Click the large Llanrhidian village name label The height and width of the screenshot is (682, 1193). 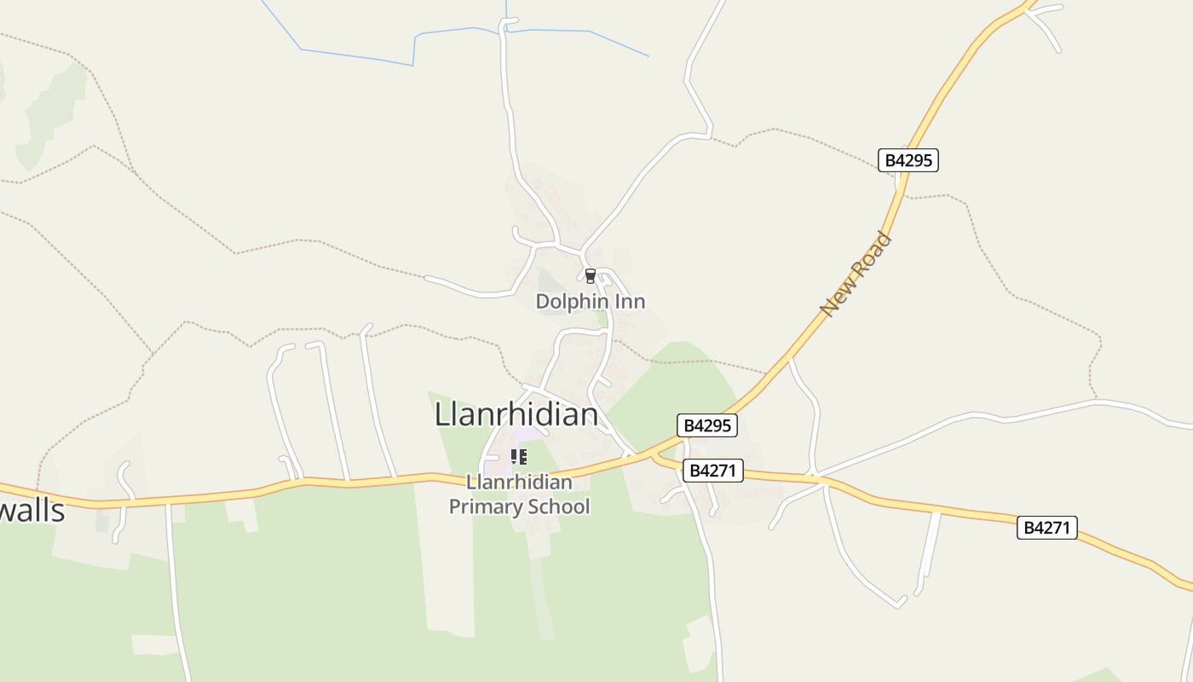point(516,414)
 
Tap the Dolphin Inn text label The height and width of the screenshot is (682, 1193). point(590,302)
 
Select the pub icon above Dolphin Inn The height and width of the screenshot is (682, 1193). point(590,276)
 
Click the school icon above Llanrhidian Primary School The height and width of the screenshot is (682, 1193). point(518,458)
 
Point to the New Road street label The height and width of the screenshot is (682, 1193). point(856,274)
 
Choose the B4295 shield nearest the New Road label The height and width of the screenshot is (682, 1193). point(908,160)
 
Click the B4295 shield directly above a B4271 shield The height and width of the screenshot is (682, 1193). point(706,425)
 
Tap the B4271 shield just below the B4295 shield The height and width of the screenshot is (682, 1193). point(712,470)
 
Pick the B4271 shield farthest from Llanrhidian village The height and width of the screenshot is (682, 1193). point(1046,528)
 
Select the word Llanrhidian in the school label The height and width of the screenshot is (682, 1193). point(519,483)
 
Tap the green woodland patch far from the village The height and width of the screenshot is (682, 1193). point(51,111)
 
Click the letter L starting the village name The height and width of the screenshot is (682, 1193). point(442,414)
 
